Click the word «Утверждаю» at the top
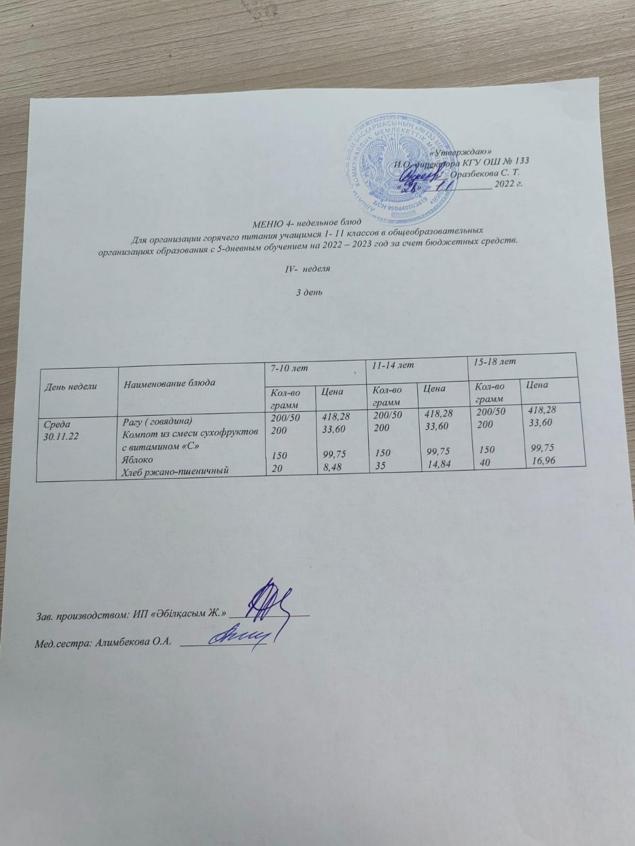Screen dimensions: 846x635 tap(464, 151)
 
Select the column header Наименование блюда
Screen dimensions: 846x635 tap(169, 382)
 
